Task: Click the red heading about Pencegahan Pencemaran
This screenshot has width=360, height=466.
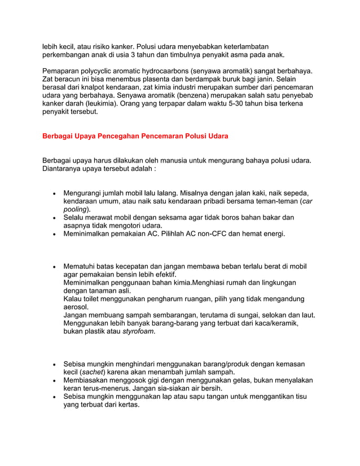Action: [x=135, y=137]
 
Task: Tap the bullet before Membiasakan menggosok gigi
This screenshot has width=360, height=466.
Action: [x=54, y=381]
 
